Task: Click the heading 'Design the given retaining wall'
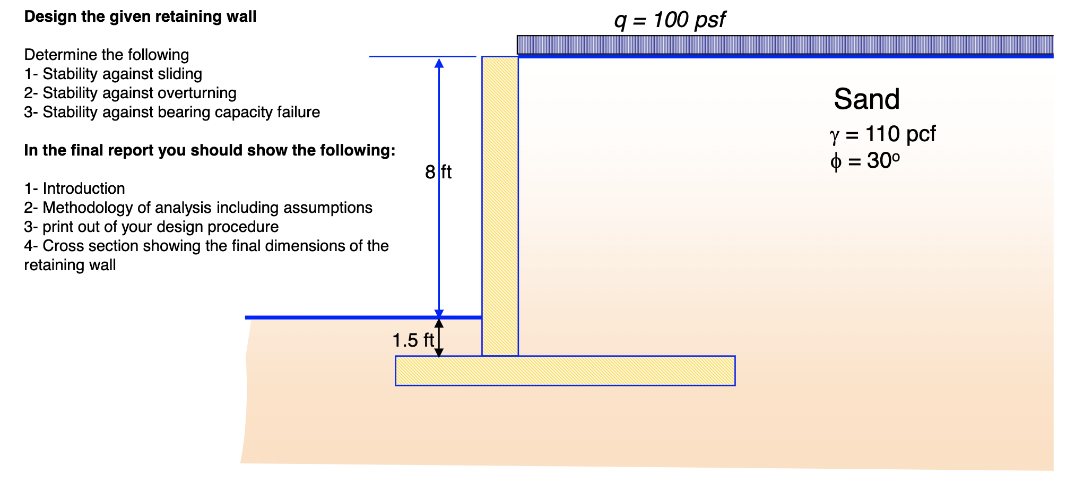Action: (x=140, y=16)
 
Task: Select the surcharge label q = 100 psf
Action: (x=670, y=20)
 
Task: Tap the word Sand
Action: (x=866, y=99)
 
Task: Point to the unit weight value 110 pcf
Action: (x=900, y=134)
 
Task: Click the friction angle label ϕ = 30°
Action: (x=865, y=160)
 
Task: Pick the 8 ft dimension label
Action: (x=438, y=172)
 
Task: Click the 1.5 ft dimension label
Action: (x=413, y=340)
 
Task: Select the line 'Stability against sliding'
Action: (x=122, y=74)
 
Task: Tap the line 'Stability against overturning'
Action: (x=139, y=93)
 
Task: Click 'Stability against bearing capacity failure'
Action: (x=181, y=112)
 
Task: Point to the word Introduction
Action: (x=84, y=188)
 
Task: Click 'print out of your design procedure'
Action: (x=160, y=227)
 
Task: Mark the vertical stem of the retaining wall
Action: (x=500, y=202)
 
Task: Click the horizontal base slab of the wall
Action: (x=565, y=371)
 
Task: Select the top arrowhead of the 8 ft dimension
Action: (x=439, y=63)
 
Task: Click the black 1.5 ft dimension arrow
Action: (x=439, y=338)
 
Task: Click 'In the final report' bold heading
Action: (x=210, y=150)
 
